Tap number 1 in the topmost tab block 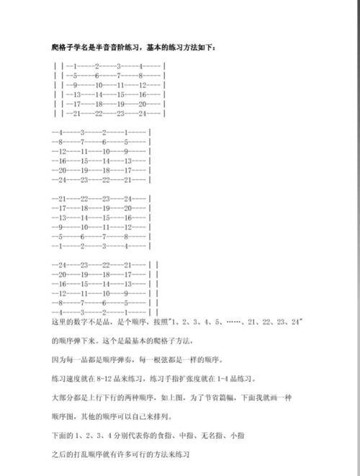tap(76, 66)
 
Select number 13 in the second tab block tap(128, 161)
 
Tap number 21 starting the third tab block tap(63, 198)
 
